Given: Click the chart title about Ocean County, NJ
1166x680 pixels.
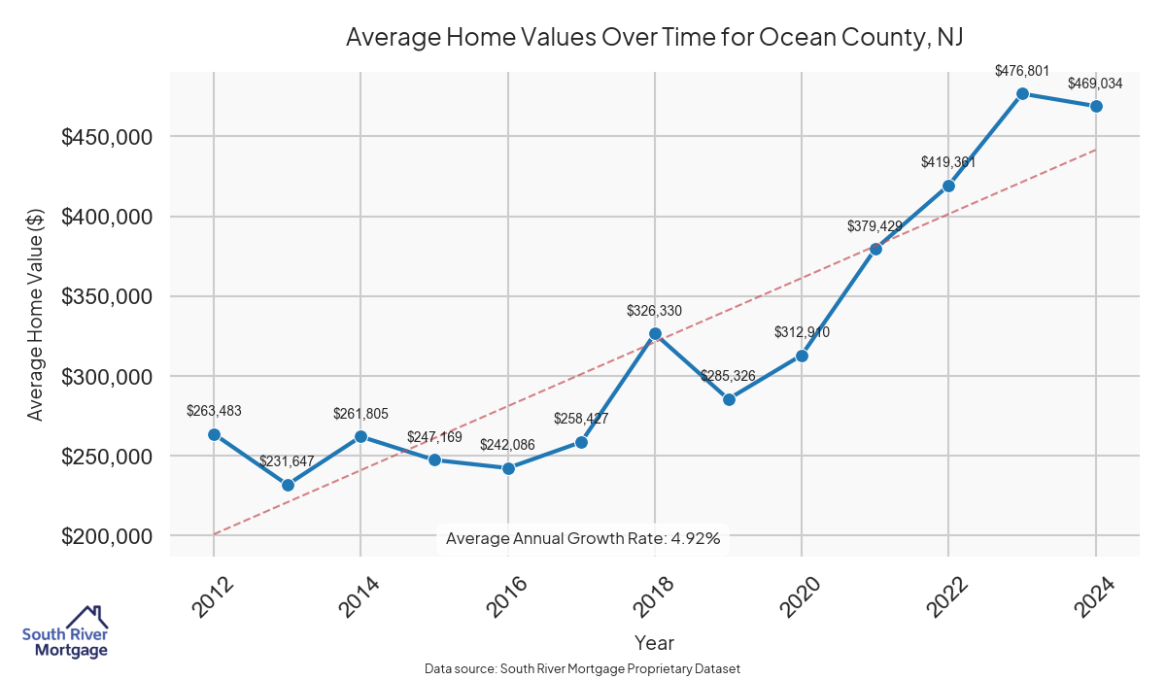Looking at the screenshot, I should click(x=654, y=37).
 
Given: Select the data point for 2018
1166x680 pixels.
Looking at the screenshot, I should click(x=655, y=333).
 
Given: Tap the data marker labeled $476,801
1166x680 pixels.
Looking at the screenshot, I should click(x=1022, y=93).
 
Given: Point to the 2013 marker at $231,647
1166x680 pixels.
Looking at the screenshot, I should click(x=288, y=485).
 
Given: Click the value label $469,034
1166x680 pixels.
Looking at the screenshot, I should click(x=1095, y=84).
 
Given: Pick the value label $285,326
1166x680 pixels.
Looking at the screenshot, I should click(x=728, y=376).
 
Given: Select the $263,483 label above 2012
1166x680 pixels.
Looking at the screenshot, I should click(x=214, y=411).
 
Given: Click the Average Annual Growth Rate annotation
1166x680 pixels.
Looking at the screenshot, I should click(x=583, y=538).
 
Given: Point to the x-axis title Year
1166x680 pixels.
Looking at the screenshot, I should click(x=654, y=642).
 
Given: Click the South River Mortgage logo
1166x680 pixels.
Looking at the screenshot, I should click(x=65, y=632).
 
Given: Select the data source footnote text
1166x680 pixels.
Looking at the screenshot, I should click(x=583, y=669).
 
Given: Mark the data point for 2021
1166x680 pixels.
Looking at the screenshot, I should click(x=875, y=249).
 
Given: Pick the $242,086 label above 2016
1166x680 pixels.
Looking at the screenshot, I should click(x=508, y=445).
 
